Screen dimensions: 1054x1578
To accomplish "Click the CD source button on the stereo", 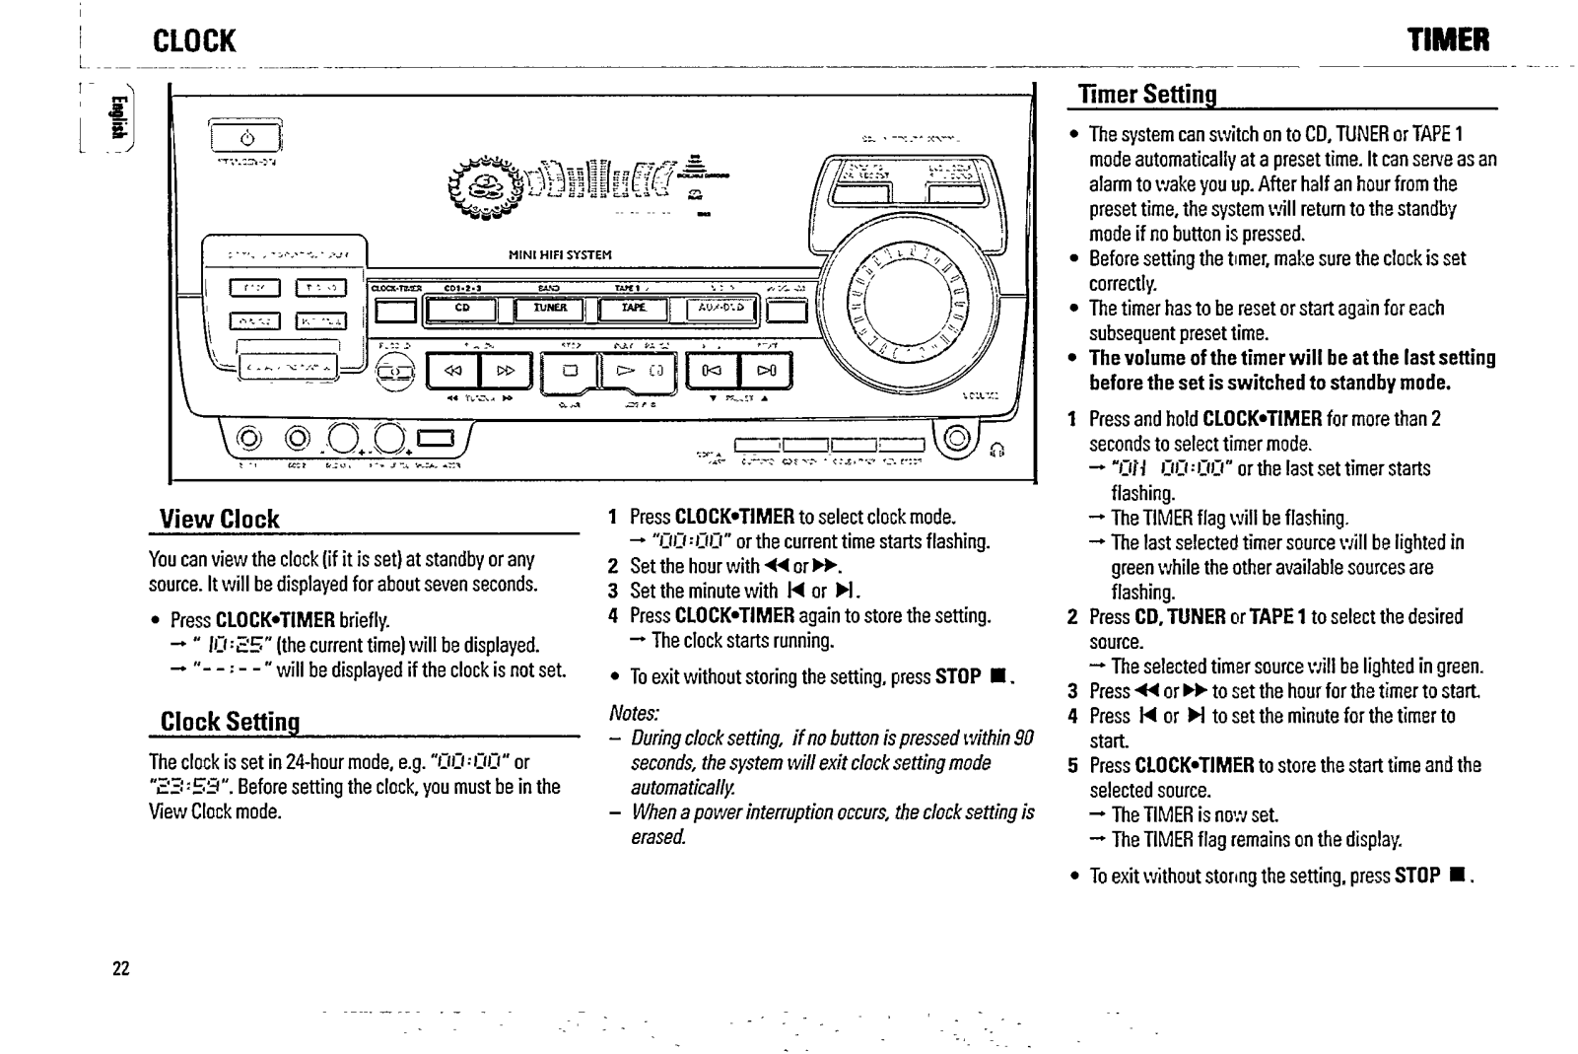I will click(462, 310).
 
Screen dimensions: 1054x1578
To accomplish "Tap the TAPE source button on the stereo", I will click(633, 310).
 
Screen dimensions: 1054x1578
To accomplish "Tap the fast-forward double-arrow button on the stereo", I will click(506, 371).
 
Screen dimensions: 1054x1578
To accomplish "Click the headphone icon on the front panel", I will click(996, 450).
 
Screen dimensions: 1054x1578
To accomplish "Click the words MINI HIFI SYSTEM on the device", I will click(560, 254).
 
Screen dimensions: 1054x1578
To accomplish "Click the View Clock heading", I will click(220, 520).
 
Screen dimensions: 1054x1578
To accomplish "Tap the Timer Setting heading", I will click(1147, 95).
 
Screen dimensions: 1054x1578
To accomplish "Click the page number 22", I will click(120, 968).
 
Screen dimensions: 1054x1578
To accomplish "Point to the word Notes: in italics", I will click(634, 713).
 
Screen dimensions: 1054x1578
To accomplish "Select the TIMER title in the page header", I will click(1448, 40).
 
